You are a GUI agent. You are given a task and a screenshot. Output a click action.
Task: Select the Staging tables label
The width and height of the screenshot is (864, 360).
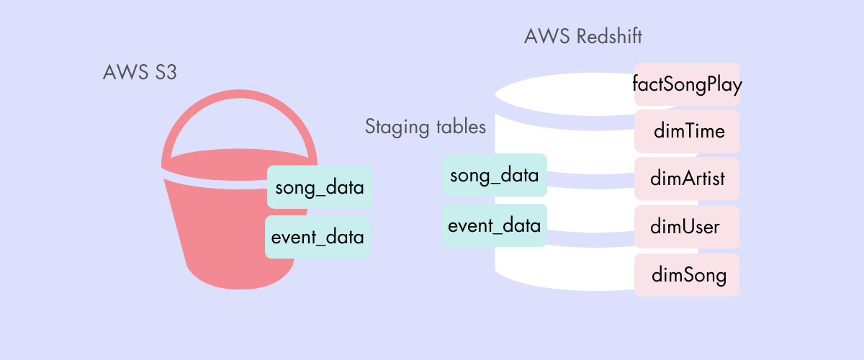tap(426, 127)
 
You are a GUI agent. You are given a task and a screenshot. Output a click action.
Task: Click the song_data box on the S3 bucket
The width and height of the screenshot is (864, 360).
tap(319, 189)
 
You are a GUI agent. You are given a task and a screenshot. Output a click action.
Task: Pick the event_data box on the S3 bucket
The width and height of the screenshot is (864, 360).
tap(318, 237)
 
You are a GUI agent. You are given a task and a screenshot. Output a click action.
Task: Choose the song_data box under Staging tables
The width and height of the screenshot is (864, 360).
tap(494, 176)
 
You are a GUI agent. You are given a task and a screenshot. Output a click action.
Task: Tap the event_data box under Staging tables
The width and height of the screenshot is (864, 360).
tap(494, 225)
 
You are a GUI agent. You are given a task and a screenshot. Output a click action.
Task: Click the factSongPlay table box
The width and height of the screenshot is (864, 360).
tap(687, 84)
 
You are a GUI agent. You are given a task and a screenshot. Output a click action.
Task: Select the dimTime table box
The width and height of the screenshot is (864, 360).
tap(687, 132)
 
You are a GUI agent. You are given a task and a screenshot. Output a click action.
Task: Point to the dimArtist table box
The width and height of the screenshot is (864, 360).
tap(687, 179)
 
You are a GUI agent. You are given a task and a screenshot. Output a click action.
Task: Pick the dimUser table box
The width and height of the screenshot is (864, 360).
tap(687, 227)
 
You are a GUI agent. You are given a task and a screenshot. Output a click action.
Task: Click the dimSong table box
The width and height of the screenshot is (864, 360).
tap(687, 274)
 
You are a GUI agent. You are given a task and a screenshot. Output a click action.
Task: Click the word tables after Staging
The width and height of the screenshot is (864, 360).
tap(461, 127)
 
